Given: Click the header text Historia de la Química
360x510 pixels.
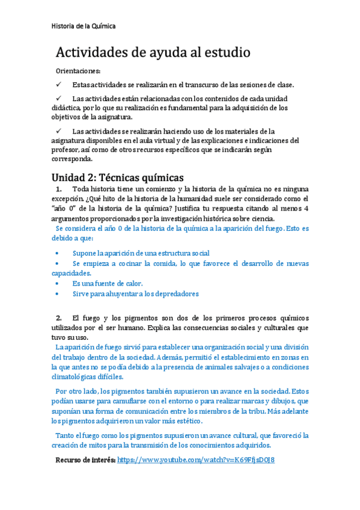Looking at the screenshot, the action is [x=84, y=26].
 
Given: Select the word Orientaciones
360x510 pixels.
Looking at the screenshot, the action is [x=78, y=71].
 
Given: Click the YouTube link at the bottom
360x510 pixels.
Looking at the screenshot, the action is [x=196, y=459].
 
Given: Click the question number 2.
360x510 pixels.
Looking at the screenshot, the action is [x=59, y=318].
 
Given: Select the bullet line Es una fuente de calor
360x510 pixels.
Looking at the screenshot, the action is [x=107, y=283].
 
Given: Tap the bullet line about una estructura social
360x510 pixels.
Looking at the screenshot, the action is [x=141, y=253].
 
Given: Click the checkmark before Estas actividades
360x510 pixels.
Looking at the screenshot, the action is [x=59, y=84].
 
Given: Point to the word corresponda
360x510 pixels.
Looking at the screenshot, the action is [x=72, y=160].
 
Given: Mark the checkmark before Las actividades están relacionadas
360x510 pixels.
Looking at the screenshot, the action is [x=59, y=98].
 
